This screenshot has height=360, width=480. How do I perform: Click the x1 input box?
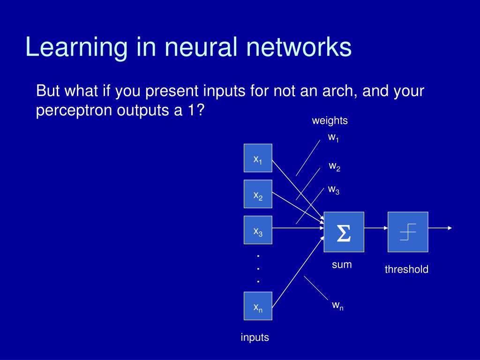click(x=258, y=158)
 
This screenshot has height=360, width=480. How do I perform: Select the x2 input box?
click(x=258, y=194)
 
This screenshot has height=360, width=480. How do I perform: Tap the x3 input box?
click(x=258, y=230)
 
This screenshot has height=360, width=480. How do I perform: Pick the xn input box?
click(x=258, y=306)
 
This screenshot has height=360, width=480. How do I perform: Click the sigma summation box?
click(x=344, y=232)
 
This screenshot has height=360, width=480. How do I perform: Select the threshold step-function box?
click(x=408, y=232)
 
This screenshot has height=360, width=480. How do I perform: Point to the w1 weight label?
click(x=333, y=138)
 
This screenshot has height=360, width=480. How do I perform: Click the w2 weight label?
click(x=334, y=166)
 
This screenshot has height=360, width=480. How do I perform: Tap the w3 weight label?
click(x=333, y=190)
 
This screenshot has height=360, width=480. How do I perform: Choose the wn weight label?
click(x=337, y=306)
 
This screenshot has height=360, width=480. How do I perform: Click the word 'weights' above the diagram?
click(x=330, y=120)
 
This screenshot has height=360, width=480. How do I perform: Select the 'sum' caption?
click(x=342, y=264)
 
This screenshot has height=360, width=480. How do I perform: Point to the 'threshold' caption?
click(x=406, y=270)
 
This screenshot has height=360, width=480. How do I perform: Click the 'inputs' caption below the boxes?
click(x=255, y=337)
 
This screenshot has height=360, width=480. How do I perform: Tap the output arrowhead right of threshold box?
click(x=450, y=228)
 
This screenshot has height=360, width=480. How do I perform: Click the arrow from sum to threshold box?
click(x=375, y=228)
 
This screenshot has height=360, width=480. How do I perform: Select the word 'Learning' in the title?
click(x=75, y=47)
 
